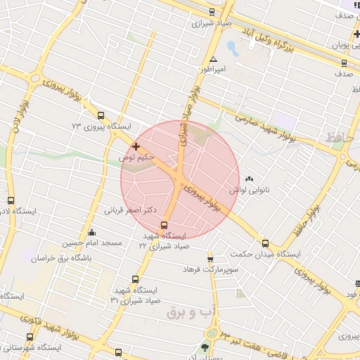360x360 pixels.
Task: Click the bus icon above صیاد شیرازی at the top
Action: (x=212, y=11)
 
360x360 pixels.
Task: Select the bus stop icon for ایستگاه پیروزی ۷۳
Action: (x=101, y=115)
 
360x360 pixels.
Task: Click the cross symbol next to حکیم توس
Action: (x=136, y=146)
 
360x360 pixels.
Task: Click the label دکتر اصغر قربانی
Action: (x=130, y=210)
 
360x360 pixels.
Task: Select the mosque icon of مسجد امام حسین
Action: (x=91, y=233)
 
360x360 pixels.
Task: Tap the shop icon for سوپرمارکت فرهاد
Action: (x=210, y=259)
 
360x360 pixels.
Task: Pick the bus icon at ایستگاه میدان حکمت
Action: (x=265, y=243)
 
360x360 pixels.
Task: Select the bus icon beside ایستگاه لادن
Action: (x=11, y=200)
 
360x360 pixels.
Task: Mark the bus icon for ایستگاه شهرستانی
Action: (x=30, y=337)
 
